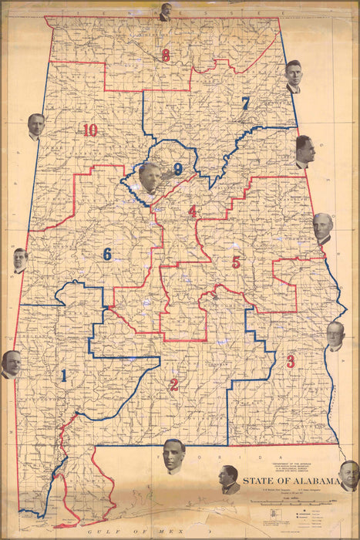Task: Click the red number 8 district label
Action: (x=165, y=56)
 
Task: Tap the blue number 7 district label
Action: (x=245, y=103)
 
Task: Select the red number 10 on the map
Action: (x=90, y=130)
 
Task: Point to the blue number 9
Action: (x=178, y=169)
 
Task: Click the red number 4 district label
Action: (x=192, y=211)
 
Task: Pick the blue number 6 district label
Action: (x=107, y=254)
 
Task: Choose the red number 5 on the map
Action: (x=236, y=262)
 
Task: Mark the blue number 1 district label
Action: (x=63, y=376)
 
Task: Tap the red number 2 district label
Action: (x=174, y=385)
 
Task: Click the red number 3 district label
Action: (x=291, y=361)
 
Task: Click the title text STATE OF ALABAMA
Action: (x=291, y=482)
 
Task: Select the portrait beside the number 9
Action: (x=150, y=177)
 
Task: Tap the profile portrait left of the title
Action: (x=229, y=479)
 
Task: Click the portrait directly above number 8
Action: (x=165, y=12)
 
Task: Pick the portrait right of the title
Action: (x=348, y=475)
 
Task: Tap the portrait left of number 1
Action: (x=11, y=363)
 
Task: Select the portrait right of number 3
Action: (x=335, y=336)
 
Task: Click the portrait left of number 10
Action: (x=35, y=126)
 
